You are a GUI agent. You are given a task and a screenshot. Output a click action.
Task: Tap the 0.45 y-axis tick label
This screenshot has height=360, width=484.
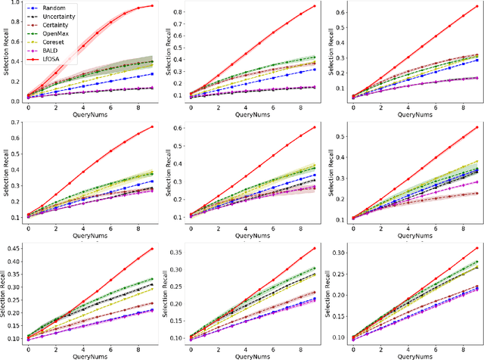(x=14, y=248)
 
